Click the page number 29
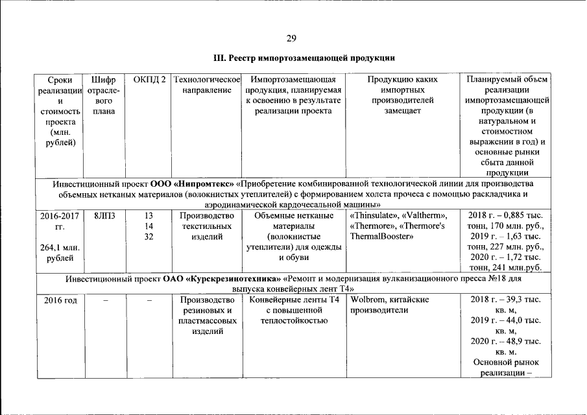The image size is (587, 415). [292, 38]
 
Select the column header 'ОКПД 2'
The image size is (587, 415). [149, 80]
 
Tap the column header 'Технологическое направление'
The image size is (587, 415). [207, 85]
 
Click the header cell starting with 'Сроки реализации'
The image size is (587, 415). [60, 111]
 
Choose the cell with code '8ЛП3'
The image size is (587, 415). [104, 215]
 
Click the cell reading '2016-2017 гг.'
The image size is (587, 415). [60, 220]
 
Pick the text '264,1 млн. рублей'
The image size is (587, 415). [60, 252]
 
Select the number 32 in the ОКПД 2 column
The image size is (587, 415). [149, 237]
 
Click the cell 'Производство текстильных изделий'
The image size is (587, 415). [207, 226]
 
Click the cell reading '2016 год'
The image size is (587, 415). [60, 300]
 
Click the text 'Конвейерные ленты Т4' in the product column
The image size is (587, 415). [294, 300]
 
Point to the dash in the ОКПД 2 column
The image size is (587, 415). [149, 300]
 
